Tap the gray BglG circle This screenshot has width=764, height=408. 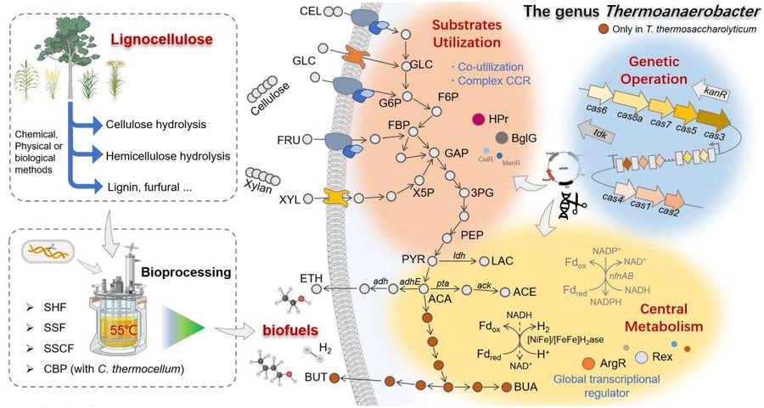click(503, 137)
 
